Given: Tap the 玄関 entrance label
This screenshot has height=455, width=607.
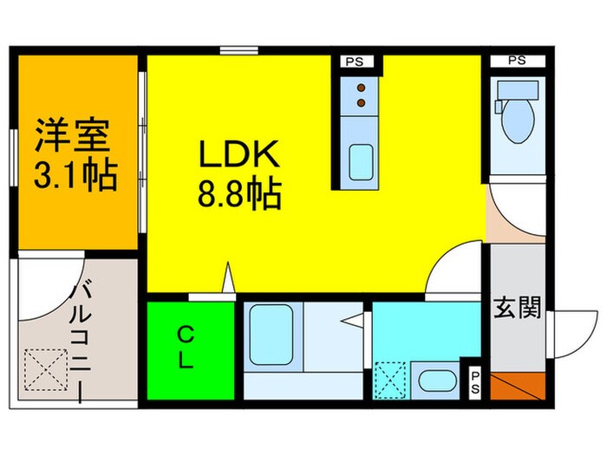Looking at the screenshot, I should [x=519, y=308].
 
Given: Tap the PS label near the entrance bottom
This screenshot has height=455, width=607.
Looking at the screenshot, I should [x=474, y=380].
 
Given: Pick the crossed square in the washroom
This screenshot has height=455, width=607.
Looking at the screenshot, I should [x=389, y=380].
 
